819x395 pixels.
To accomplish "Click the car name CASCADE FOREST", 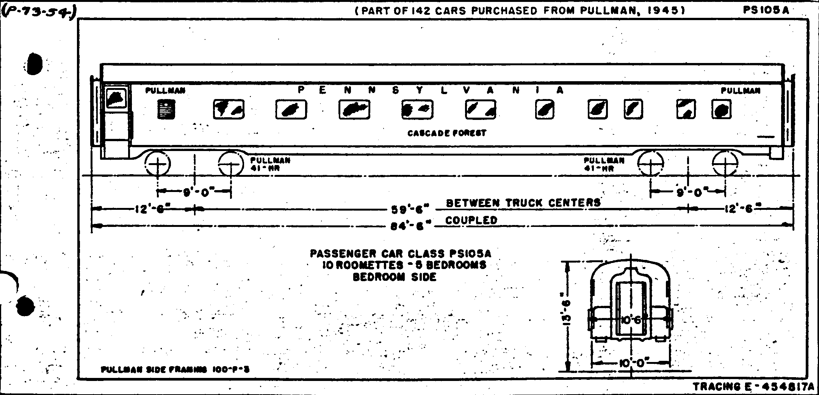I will point(446,133).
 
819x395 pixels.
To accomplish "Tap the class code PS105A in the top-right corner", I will point(766,10).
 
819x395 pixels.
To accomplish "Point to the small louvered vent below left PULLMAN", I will point(166,109).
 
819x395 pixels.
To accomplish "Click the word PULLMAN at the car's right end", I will point(740,91).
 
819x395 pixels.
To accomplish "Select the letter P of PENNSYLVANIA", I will point(301,90).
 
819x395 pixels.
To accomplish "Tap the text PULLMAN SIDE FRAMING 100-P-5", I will point(175,369).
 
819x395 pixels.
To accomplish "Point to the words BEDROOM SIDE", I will point(395,277).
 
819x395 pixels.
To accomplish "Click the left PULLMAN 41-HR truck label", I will point(270,164).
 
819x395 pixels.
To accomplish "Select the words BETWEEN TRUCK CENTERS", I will point(523,203).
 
